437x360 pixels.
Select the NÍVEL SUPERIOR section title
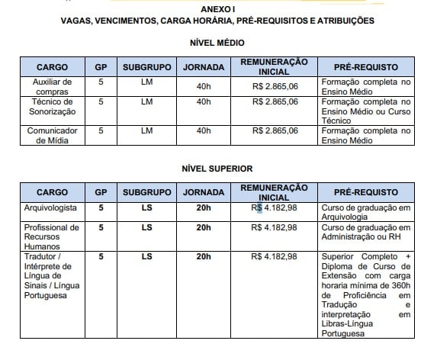(x=218, y=168)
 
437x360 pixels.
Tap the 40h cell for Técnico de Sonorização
(x=204, y=101)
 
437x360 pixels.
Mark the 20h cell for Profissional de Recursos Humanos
(x=204, y=227)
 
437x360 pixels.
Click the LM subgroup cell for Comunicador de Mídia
(x=147, y=130)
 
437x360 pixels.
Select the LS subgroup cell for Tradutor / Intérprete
(x=147, y=256)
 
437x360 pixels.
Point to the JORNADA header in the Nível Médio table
(x=204, y=67)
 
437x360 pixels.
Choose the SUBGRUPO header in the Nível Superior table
(x=147, y=192)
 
